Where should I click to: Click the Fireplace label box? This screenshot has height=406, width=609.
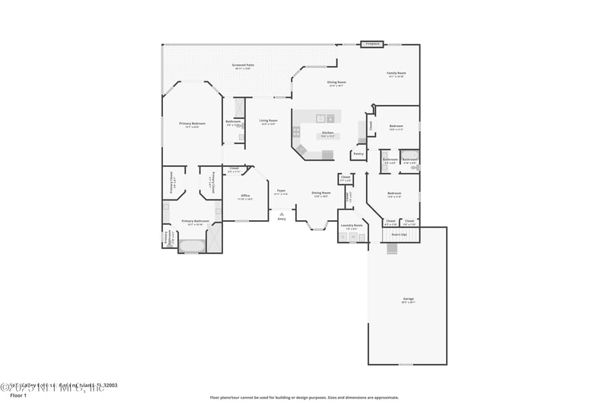point(371,44)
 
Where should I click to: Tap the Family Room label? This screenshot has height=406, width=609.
point(397,74)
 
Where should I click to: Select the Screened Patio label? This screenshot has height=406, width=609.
point(244,66)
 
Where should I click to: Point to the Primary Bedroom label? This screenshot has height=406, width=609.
point(192,123)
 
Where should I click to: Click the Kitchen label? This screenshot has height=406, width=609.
point(327,133)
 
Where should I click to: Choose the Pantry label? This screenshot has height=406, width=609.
point(358,153)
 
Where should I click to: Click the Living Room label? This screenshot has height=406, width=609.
point(268,120)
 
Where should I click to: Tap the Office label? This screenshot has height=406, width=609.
point(245,196)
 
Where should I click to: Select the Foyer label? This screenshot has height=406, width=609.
point(281,190)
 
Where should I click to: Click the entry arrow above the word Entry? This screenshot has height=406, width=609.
point(282,212)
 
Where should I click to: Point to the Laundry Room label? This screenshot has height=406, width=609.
point(351,225)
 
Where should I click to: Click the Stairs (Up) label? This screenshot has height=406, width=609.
point(399,235)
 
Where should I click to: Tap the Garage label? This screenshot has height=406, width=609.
point(409,299)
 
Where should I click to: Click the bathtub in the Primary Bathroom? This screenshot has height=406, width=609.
point(192,245)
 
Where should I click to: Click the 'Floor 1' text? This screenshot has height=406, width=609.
point(18,395)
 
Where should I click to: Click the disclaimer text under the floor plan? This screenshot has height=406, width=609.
point(304,397)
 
